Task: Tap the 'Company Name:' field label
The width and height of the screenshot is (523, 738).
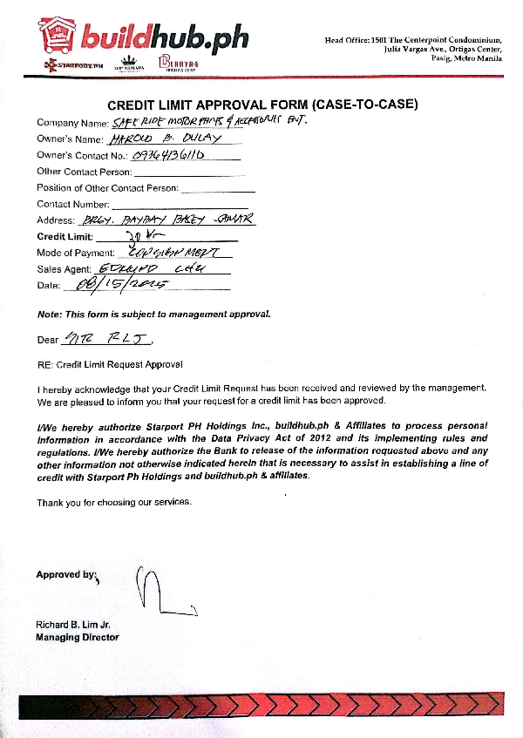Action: point(73,123)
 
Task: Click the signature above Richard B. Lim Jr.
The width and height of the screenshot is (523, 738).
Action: point(155,592)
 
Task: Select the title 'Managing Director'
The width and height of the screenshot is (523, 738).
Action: point(78,637)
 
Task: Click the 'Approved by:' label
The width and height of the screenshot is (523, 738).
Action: point(66,574)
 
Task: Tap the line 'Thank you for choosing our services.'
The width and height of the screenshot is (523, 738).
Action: point(113,502)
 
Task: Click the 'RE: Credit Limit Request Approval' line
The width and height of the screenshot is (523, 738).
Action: point(110,363)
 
